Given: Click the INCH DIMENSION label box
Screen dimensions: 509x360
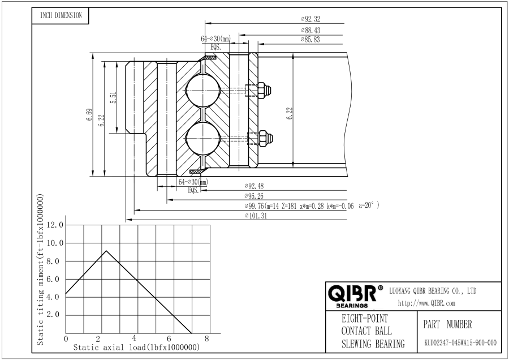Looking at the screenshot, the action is tap(61, 16).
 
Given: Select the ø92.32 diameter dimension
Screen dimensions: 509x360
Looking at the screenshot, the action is tap(310, 19).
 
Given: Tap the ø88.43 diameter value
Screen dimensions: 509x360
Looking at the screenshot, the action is tap(310, 30).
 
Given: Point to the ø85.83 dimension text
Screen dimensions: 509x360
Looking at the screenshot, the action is tap(310, 40).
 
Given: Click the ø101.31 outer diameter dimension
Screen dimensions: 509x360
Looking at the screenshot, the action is tap(256, 216).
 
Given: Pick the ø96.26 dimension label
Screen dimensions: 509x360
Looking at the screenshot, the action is tap(254, 196).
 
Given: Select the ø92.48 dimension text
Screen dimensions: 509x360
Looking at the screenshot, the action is tap(254, 186).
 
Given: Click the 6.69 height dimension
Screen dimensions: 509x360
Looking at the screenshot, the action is tap(89, 115).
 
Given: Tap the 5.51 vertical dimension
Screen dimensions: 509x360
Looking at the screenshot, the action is tap(113, 97).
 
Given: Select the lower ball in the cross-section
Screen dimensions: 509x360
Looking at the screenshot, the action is tap(202, 138).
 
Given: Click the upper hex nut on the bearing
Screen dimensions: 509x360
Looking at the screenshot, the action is tap(264, 91).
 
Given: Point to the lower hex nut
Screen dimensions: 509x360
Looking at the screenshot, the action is tap(264, 138).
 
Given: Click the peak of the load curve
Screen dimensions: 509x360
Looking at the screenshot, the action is tap(106, 251).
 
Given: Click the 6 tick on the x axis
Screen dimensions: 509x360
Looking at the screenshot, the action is tap(169, 338).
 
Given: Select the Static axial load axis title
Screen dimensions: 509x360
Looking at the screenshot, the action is tap(136, 348).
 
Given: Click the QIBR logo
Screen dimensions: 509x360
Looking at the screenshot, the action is tap(355, 295).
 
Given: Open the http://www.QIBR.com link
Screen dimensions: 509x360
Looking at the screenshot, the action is tap(426, 303).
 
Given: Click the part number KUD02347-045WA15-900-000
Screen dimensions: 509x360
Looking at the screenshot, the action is tap(460, 343).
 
